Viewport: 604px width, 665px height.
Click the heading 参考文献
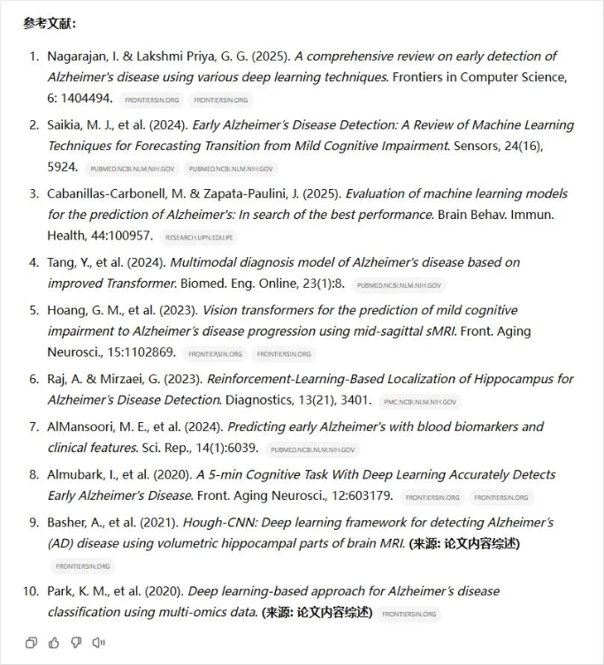tap(50, 23)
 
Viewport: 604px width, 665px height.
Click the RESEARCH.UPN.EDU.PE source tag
tap(200, 237)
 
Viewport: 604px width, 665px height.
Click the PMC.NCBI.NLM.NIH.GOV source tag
tap(421, 402)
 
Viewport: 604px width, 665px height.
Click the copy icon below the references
tap(32, 642)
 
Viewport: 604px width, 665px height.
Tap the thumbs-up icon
tap(54, 642)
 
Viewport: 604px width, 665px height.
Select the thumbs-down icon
tap(76, 642)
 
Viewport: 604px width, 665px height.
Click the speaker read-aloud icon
tap(98, 642)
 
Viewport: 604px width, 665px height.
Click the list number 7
tap(34, 427)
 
